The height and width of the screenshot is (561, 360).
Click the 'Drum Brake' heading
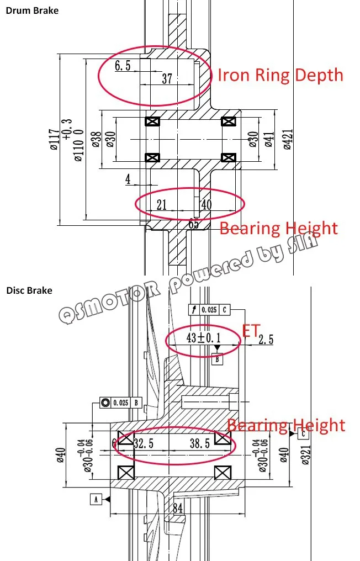click(x=32, y=10)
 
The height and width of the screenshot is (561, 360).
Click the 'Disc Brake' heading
click(x=29, y=290)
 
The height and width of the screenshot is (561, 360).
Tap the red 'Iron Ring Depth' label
click(x=280, y=76)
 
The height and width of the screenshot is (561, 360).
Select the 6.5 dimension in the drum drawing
click(x=123, y=66)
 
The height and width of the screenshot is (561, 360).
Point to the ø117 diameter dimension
click(x=55, y=140)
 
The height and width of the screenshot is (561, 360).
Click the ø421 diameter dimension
click(x=288, y=139)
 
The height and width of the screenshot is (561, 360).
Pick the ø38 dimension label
click(x=96, y=139)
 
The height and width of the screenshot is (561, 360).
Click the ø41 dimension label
click(x=269, y=139)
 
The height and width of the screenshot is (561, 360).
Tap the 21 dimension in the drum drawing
click(x=162, y=205)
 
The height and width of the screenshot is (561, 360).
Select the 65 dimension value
click(x=194, y=224)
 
